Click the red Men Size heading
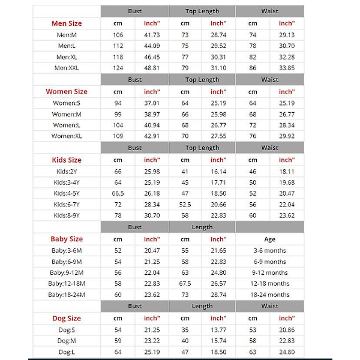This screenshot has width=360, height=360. pyautogui.click(x=67, y=23)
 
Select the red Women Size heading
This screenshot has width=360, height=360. pyautogui.click(x=67, y=92)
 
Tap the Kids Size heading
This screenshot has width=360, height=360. pyautogui.click(x=67, y=160)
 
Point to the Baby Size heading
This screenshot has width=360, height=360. pyautogui.click(x=67, y=239)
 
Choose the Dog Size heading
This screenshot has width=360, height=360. pyautogui.click(x=67, y=319)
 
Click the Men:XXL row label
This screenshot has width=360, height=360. pyautogui.click(x=67, y=68)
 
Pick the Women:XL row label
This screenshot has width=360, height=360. pyautogui.click(x=67, y=136)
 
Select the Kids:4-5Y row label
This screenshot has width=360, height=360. pyautogui.click(x=67, y=193)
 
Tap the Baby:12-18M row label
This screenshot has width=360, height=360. pyautogui.click(x=67, y=283)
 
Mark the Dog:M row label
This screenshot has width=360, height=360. pyautogui.click(x=67, y=341)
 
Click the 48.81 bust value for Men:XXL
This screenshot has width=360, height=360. pyautogui.click(x=152, y=68)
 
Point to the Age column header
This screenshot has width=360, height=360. pyautogui.click(x=270, y=239)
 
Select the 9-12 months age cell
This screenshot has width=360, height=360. pyautogui.click(x=270, y=272)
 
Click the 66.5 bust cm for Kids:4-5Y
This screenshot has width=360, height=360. pyautogui.click(x=118, y=193)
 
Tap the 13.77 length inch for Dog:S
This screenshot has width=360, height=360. pyautogui.click(x=218, y=330)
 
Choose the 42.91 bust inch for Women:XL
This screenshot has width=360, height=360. pyautogui.click(x=152, y=136)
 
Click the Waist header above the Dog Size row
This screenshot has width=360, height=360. pyautogui.click(x=270, y=307)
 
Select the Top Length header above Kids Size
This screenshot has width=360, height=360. pyautogui.click(x=202, y=148)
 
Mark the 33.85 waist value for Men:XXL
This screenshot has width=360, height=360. pyautogui.click(x=287, y=68)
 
